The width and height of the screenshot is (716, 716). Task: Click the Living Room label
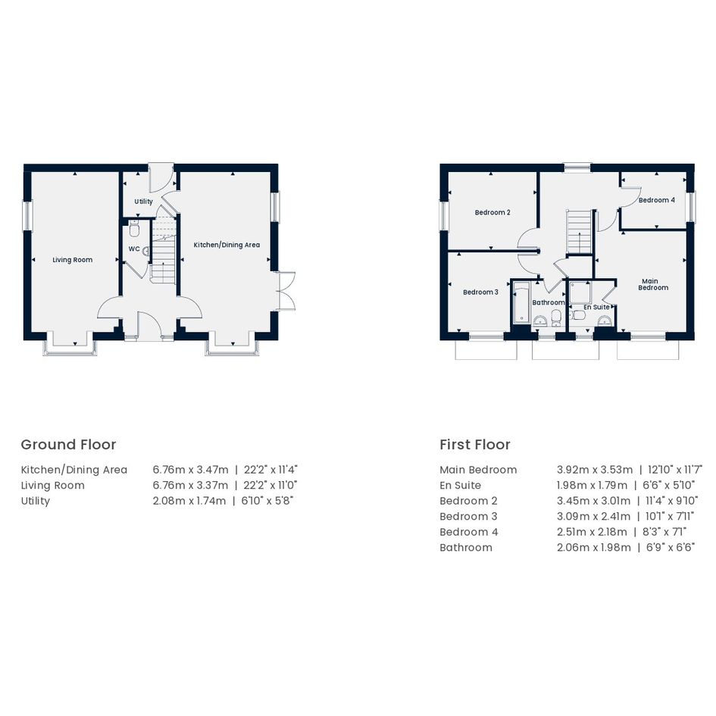[73, 260]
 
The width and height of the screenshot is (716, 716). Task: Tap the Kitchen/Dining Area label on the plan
[227, 245]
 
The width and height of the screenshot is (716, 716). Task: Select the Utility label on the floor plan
[143, 202]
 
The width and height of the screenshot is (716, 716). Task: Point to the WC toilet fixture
[134, 229]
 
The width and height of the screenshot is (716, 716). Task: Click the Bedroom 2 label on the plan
[492, 212]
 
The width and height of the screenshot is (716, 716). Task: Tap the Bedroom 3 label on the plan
[481, 292]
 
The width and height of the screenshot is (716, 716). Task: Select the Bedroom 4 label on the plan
[657, 200]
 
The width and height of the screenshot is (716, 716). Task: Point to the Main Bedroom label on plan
[653, 284]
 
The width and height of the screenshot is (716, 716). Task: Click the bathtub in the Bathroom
[521, 303]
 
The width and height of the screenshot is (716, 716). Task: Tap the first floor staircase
[580, 232]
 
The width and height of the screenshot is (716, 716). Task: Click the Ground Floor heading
[68, 444]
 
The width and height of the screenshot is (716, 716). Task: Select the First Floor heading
[475, 444]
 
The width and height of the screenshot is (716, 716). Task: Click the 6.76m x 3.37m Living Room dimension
[190, 486]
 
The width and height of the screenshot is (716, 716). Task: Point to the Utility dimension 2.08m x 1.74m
[189, 501]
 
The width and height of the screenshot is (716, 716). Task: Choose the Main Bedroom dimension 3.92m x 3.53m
[595, 470]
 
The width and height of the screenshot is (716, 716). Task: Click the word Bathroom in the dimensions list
[466, 548]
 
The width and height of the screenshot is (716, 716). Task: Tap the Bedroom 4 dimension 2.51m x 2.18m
[592, 532]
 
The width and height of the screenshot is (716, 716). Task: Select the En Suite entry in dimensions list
[461, 486]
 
